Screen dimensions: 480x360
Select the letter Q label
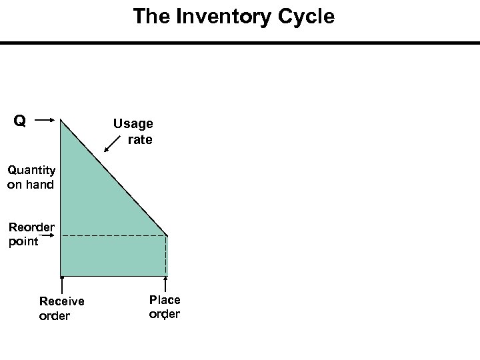(x=20, y=121)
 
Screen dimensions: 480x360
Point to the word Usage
(x=133, y=124)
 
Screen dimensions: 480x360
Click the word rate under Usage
(x=140, y=139)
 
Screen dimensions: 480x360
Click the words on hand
(x=30, y=185)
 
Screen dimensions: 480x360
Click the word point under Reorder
(x=24, y=241)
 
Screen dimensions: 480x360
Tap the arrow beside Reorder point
(x=53, y=234)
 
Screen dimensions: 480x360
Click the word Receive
(x=61, y=301)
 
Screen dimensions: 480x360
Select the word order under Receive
(x=55, y=316)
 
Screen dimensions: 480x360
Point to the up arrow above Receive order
(x=61, y=283)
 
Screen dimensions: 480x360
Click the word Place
(x=165, y=300)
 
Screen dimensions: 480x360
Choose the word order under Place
(x=165, y=314)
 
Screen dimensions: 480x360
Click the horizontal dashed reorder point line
(x=113, y=236)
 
